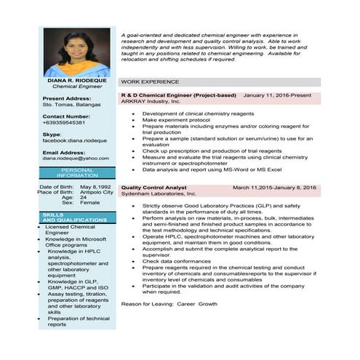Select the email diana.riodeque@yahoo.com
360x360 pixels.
(76, 158)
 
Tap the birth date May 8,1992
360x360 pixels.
(96, 187)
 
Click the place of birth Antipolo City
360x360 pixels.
(97, 192)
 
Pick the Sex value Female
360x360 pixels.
(90, 202)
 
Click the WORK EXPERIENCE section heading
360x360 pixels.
(149, 82)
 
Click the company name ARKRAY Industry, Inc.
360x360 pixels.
(151, 101)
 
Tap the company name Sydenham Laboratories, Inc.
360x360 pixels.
(159, 194)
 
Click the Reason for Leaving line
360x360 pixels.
(169, 303)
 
